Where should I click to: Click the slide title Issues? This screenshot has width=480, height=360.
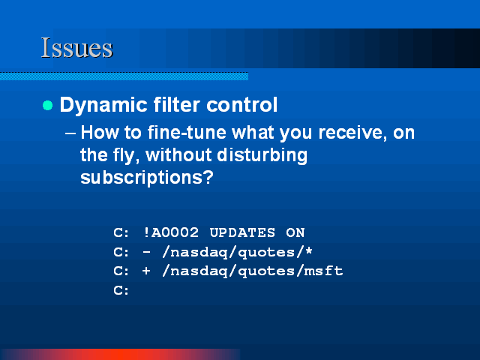pos(77,48)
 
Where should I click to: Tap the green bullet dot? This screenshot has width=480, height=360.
pos(48,105)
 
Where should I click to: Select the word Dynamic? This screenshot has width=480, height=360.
pos(103,106)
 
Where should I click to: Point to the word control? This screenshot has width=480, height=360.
pos(241,105)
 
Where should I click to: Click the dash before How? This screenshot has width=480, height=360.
pos(70,133)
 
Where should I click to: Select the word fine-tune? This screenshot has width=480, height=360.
pos(187,133)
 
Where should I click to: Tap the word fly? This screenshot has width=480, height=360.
pos(127,155)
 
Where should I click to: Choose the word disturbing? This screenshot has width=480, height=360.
pos(262,155)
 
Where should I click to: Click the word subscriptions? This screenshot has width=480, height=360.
pos(147,178)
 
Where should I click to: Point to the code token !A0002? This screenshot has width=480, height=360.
pos(170,232)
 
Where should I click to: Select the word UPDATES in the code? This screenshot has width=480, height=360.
pos(242,233)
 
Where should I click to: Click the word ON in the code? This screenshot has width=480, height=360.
pos(295,233)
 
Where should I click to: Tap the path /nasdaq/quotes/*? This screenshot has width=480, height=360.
pos(237,253)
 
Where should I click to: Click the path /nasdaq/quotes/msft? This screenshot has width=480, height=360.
pos(253,271)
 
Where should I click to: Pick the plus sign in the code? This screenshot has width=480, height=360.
pos(146,271)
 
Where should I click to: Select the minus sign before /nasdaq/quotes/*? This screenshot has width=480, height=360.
pos(147,252)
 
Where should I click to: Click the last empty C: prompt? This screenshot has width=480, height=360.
pos(121,290)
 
